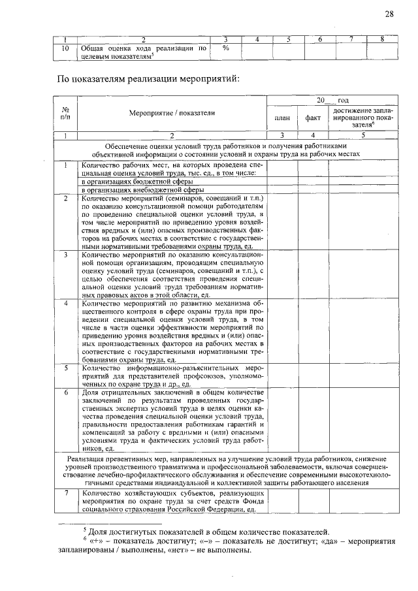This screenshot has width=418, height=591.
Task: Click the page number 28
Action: click(x=389, y=14)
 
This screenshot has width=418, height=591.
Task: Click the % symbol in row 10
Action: click(x=225, y=48)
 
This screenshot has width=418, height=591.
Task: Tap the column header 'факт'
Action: click(x=312, y=118)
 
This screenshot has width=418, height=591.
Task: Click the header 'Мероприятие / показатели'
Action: click(x=171, y=112)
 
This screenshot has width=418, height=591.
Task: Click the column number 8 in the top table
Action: click(x=381, y=39)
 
